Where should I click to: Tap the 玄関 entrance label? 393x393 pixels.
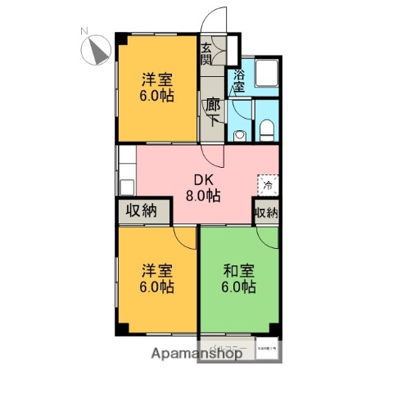tap(206, 55)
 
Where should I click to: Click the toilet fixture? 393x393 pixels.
tap(266, 129)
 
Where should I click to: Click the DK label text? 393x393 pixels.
tap(201, 179)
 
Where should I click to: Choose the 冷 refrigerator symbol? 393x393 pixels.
tap(267, 184)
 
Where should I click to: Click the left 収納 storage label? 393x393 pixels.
tap(141, 210)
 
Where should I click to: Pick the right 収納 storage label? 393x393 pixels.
tap(266, 212)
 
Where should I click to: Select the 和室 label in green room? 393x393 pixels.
tap(237, 269)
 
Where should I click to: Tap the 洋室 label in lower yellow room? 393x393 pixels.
tap(156, 269)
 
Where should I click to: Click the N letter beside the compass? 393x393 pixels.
tap(84, 32)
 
